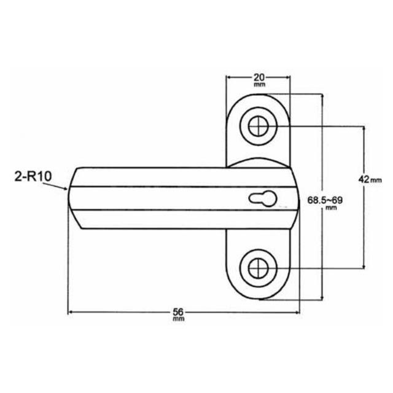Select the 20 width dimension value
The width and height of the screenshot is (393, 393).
[259, 77]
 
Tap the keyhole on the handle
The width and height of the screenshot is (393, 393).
[263, 198]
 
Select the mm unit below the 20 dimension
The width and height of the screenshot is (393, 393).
[259, 85]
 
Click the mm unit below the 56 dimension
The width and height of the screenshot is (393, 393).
[178, 320]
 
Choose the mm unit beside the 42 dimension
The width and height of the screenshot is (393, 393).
[376, 180]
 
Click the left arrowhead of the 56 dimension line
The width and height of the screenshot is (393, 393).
[70, 313]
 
